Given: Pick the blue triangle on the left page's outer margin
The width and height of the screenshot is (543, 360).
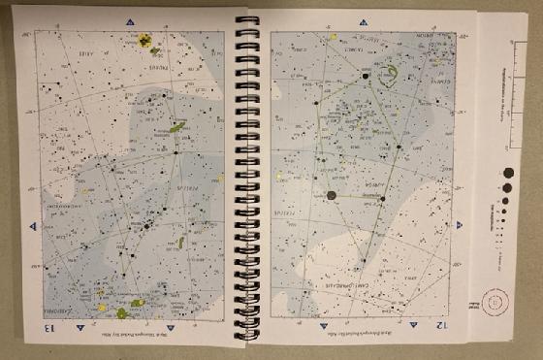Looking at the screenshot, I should (31, 225).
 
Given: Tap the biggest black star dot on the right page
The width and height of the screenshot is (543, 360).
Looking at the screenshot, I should (332, 195).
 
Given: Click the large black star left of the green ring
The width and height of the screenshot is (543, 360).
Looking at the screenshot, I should (367, 74).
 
